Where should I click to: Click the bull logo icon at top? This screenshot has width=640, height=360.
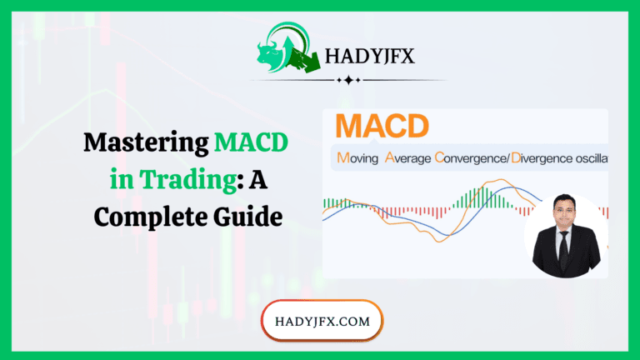278,51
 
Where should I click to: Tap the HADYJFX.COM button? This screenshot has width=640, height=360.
322,321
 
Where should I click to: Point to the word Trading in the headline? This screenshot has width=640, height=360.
167,181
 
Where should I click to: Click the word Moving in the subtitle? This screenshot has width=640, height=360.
357,157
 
